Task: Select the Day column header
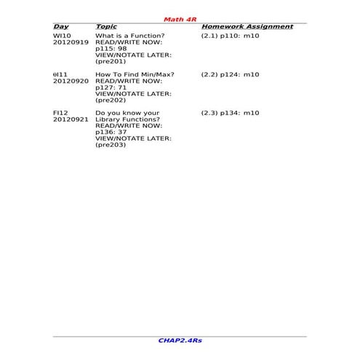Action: click(x=61, y=27)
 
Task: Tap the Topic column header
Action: click(x=106, y=27)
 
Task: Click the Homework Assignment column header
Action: click(x=247, y=27)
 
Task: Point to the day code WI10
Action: click(x=63, y=36)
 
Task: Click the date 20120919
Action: click(x=71, y=42)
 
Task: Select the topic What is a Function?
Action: click(x=130, y=36)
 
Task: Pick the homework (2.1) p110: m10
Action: click(x=230, y=36)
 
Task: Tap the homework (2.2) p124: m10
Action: click(x=230, y=74)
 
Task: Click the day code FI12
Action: click(x=61, y=113)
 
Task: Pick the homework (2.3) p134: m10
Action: click(x=230, y=113)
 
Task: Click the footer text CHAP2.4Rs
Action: click(x=180, y=340)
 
